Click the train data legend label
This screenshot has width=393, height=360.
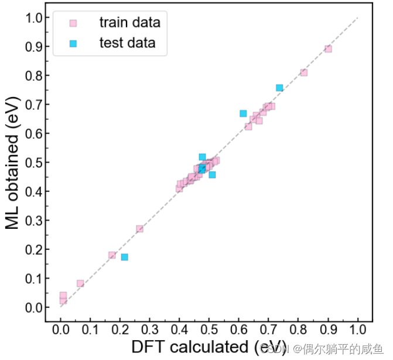tap(129, 23)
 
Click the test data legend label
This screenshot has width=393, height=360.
tap(127, 43)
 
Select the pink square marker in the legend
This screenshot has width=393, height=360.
tap(73, 23)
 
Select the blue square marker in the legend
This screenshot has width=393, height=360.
tap(73, 43)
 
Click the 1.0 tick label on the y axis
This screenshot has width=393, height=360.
tap(34, 18)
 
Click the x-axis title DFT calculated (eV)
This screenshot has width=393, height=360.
tap(209, 347)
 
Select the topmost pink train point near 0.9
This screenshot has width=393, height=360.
tap(328, 49)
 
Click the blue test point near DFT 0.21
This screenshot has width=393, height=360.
tap(124, 257)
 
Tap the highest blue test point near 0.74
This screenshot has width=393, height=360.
tap(279, 88)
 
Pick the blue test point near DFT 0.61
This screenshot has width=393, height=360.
tap(243, 113)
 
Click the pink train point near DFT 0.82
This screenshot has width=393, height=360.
tap(304, 73)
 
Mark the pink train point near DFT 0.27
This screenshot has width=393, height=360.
tap(139, 229)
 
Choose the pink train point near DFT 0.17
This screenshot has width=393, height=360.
tap(112, 255)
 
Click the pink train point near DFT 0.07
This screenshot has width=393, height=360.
tap(80, 283)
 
